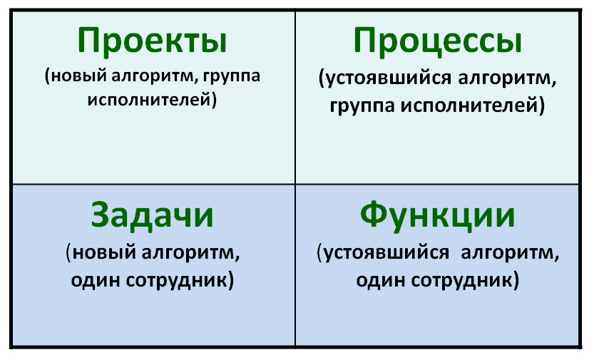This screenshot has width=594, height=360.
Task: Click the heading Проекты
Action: (152, 41)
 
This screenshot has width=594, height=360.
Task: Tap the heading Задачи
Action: (152, 216)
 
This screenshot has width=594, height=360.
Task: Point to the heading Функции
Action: (437, 216)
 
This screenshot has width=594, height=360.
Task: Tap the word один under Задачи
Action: (96, 280)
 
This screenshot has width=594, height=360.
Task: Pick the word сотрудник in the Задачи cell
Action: (178, 280)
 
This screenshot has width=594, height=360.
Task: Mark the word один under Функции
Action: (381, 280)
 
